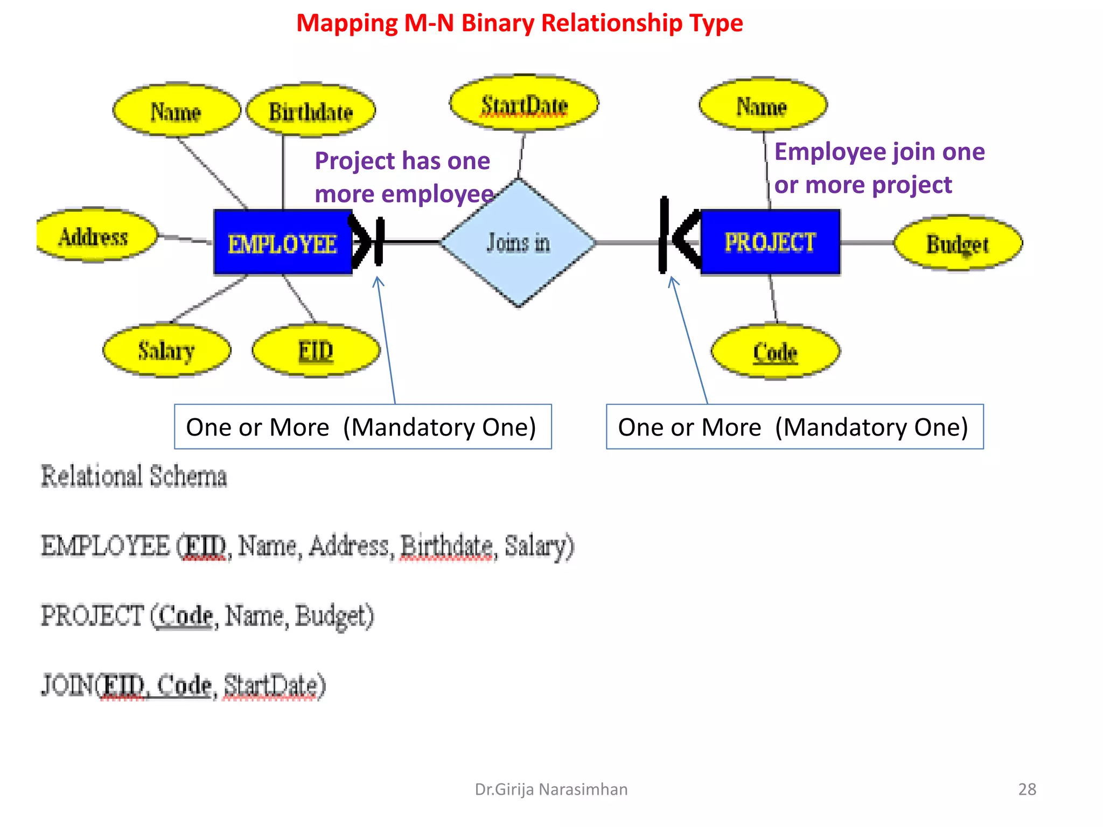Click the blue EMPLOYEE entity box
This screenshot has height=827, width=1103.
[283, 243]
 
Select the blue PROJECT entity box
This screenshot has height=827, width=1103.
[770, 242]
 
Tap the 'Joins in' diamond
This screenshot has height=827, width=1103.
[519, 243]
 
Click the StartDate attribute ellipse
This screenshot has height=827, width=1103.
[524, 104]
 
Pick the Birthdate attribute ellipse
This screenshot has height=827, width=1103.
[311, 111]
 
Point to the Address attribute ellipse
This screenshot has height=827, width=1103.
[94, 236]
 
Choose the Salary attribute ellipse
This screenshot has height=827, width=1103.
[166, 351]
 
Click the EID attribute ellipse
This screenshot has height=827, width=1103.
[316, 351]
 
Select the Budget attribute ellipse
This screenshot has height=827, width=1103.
[958, 243]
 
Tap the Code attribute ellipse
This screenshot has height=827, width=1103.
[775, 352]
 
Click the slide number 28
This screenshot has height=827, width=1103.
[1027, 789]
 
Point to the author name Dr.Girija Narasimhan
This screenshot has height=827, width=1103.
[551, 789]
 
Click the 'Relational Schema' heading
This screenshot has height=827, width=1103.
[134, 476]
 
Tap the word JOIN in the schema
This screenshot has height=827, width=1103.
[67, 685]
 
